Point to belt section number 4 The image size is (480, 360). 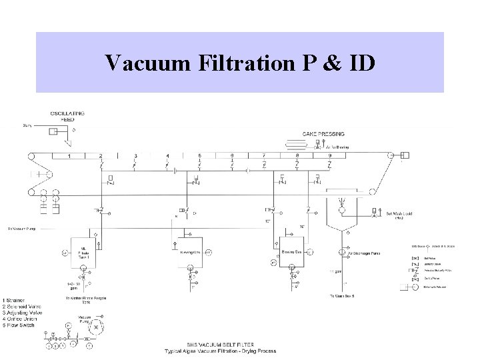tap(167, 156)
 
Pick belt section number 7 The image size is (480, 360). tap(265, 156)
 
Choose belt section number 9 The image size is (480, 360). tap(329, 156)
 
